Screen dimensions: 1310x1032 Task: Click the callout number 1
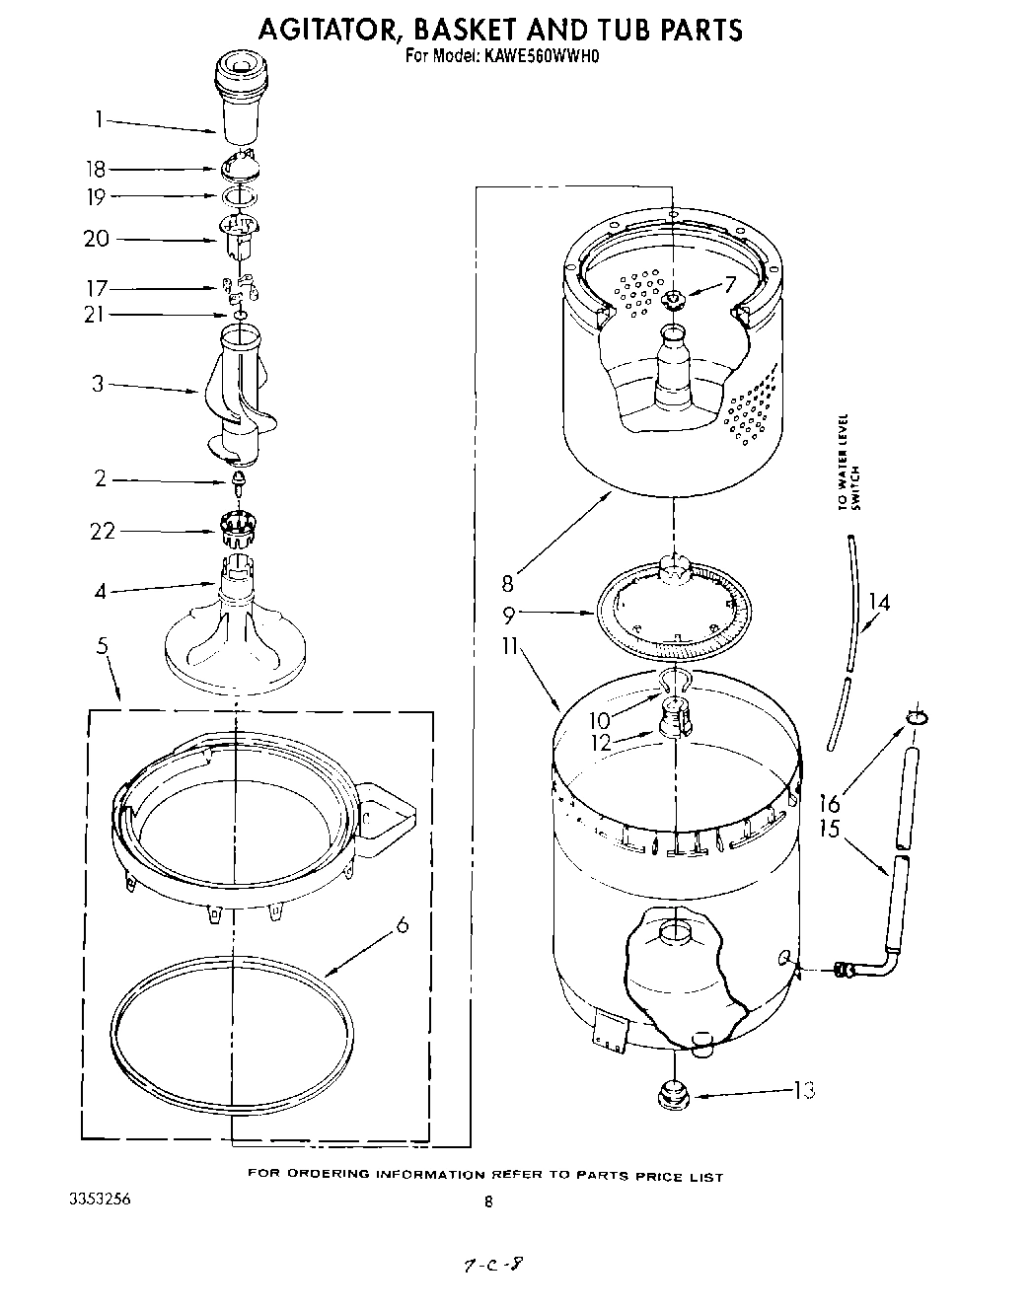99,119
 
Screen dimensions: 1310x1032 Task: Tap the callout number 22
102,531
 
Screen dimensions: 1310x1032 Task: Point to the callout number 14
878,601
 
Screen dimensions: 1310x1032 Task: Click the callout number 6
402,925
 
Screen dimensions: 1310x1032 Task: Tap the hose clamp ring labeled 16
917,715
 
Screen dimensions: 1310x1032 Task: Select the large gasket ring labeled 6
231,1030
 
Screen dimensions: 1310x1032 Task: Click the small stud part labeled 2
237,480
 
